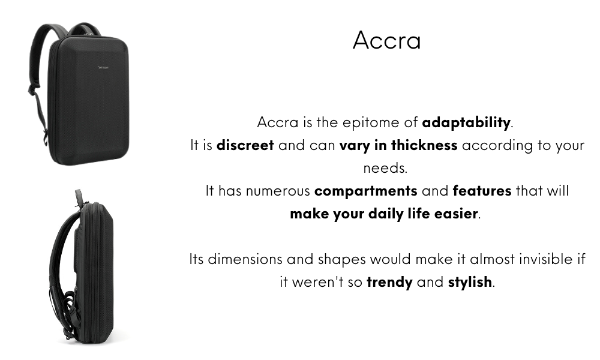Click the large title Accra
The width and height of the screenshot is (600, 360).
pyautogui.click(x=386, y=40)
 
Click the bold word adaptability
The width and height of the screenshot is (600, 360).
pyautogui.click(x=466, y=123)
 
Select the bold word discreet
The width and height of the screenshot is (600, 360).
pyautogui.click(x=245, y=145)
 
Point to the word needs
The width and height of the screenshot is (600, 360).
pyautogui.click(x=385, y=169)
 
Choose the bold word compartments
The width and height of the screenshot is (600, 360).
pyautogui.click(x=366, y=191)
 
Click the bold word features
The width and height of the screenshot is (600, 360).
pyautogui.click(x=482, y=191)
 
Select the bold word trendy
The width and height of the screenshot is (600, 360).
pyautogui.click(x=389, y=283)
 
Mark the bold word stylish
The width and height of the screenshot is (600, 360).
pyautogui.click(x=470, y=282)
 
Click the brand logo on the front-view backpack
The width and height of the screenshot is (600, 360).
pyautogui.click(x=103, y=67)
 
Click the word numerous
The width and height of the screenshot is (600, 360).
pyautogui.click(x=278, y=191)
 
